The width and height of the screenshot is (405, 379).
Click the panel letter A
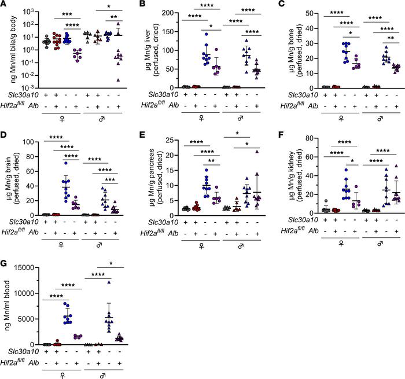click(x=5, y=5)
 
